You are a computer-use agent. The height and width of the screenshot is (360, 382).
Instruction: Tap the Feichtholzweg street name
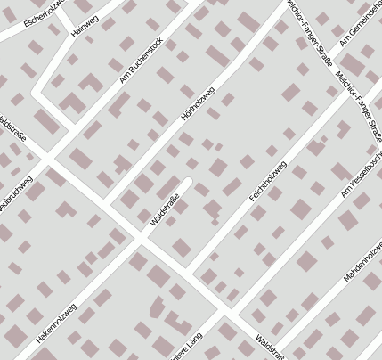267,181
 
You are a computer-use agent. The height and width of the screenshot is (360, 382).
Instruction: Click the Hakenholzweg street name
57,325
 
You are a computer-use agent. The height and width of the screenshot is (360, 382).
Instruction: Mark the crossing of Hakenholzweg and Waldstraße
140,239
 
